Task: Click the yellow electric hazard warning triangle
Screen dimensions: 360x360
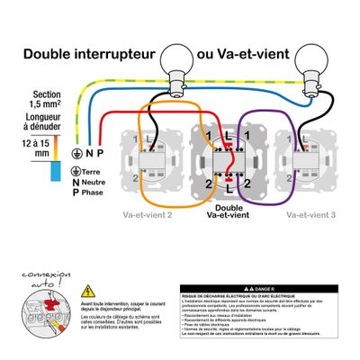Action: coord(88,291)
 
